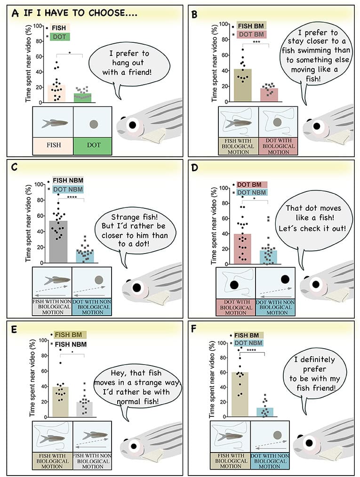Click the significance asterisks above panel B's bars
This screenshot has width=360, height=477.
[256, 42]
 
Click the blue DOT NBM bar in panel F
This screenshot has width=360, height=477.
[265, 412]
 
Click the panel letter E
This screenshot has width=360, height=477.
[14, 329]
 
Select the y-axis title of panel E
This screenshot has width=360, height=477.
[32, 377]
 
